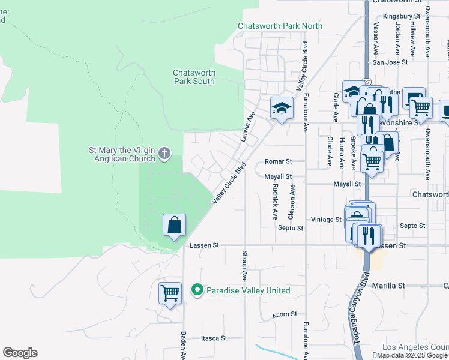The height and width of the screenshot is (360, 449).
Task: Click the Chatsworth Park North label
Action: point(280,26)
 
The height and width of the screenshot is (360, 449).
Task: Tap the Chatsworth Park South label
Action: point(194,77)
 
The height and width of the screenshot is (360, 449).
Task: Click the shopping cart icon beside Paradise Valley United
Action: point(170,293)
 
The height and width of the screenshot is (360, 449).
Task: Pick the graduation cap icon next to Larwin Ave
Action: point(281,108)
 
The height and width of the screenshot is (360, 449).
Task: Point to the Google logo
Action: point(20,353)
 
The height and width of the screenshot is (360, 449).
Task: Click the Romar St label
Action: point(278,161)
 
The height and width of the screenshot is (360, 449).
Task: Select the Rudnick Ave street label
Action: point(275,200)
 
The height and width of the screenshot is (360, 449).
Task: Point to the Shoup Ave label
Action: point(245,266)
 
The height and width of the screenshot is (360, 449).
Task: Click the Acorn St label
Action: point(285,314)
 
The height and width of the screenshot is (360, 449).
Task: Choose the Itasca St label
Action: point(214,338)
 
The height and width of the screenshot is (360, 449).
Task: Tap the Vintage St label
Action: point(326,220)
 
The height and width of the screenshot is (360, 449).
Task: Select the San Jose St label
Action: point(390,61)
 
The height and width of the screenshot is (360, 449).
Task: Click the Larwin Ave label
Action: point(247,125)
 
